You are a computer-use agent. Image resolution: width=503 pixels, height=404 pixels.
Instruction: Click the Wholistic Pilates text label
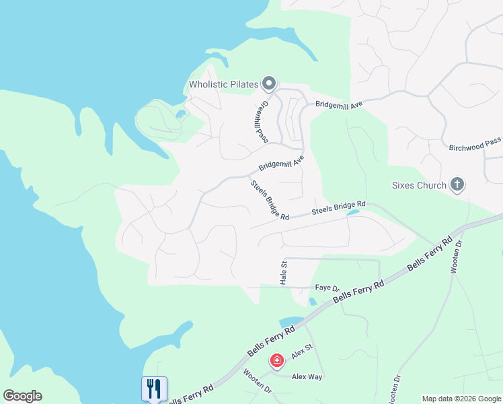(223, 85)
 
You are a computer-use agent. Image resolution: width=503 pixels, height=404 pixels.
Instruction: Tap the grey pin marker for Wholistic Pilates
(269, 83)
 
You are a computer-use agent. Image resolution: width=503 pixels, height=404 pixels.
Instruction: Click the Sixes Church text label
(419, 185)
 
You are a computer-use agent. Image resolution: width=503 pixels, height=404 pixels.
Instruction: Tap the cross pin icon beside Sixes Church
(457, 184)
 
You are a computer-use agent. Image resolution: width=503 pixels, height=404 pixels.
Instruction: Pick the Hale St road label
(283, 272)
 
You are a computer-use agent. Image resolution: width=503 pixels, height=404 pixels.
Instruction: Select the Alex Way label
(307, 377)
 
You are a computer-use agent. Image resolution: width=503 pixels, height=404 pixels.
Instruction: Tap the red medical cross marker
(276, 361)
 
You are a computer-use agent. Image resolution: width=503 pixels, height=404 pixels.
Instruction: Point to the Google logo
(22, 396)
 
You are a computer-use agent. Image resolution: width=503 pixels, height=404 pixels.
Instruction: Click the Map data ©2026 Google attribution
(461, 399)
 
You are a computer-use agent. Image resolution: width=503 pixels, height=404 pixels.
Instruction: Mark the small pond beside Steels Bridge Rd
(352, 213)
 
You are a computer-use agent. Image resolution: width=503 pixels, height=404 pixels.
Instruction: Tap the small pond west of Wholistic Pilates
(180, 114)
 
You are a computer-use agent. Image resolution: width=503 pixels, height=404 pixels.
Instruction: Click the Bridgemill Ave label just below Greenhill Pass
(281, 163)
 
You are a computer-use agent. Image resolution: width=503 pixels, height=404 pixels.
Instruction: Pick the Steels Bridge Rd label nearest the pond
(338, 207)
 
